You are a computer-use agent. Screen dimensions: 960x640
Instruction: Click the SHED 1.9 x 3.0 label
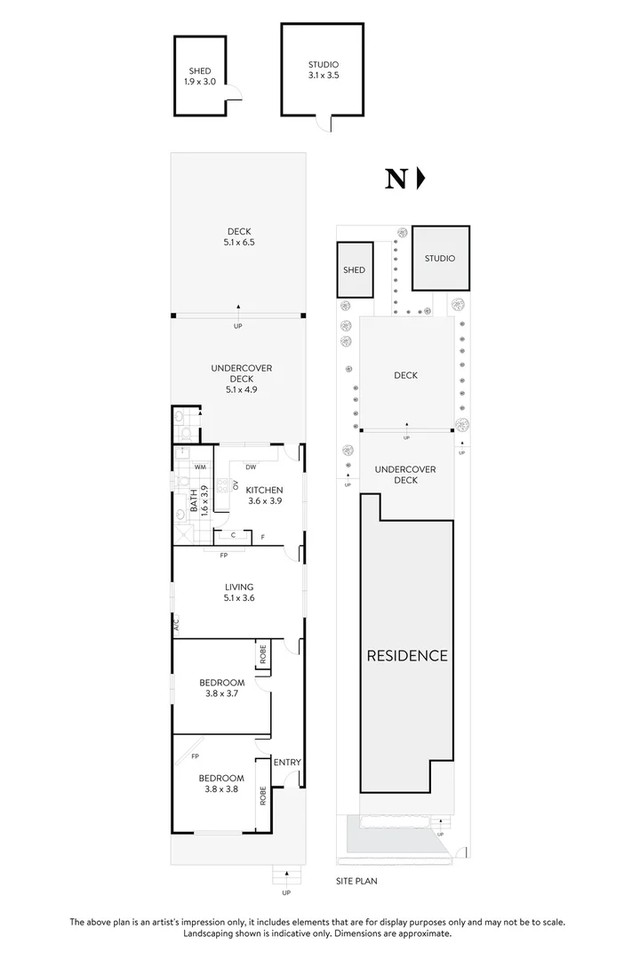pyautogui.click(x=200, y=76)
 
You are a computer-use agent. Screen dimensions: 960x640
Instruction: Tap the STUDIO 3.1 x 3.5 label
pyautogui.click(x=324, y=70)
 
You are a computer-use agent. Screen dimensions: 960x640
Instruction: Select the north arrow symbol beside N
pyautogui.click(x=420, y=179)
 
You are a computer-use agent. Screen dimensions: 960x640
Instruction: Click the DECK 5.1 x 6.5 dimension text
pyautogui.click(x=238, y=237)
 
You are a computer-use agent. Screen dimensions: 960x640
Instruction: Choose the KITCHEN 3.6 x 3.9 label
pyautogui.click(x=264, y=495)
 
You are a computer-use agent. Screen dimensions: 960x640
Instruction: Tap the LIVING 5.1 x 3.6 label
pyautogui.click(x=239, y=592)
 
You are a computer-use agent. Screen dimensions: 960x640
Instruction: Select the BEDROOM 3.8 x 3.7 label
pyautogui.click(x=221, y=688)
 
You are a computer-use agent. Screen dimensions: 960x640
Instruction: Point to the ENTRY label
pyautogui.click(x=287, y=762)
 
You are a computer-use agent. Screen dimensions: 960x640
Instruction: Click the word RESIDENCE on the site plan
pyautogui.click(x=407, y=656)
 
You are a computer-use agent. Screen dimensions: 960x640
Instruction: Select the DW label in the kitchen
pyautogui.click(x=252, y=467)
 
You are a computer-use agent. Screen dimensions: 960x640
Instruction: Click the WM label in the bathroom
pyautogui.click(x=200, y=467)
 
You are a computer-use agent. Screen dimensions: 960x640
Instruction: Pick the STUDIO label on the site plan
pyautogui.click(x=439, y=259)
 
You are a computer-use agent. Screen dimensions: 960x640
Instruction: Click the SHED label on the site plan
pyautogui.click(x=354, y=270)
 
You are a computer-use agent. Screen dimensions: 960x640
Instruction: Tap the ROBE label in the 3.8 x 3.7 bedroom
pyautogui.click(x=263, y=655)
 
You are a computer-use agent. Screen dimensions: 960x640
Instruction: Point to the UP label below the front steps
pyautogui.click(x=285, y=892)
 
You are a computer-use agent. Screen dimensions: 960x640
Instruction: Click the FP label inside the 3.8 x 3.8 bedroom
pyautogui.click(x=195, y=757)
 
